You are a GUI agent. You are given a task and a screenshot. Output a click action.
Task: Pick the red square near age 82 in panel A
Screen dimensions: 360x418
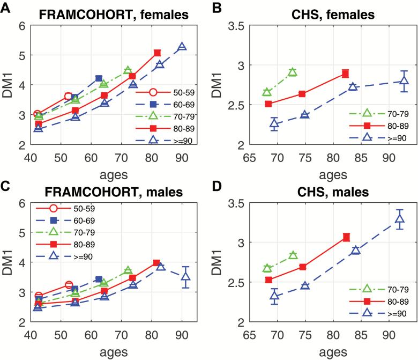157,53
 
